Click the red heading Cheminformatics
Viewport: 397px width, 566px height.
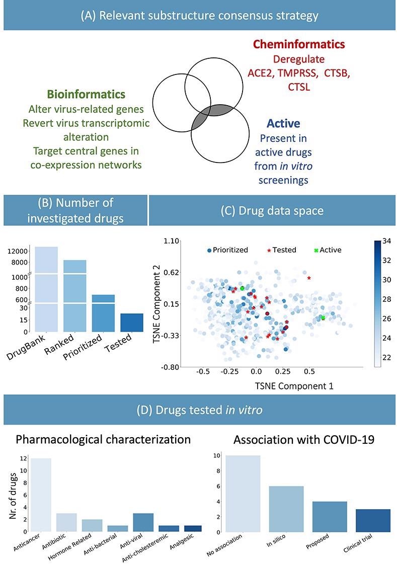pos(299,45)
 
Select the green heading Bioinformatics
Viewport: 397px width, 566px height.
pos(86,94)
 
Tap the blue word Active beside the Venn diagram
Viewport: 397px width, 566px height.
pos(284,123)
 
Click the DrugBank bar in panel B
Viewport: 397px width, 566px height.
pos(46,289)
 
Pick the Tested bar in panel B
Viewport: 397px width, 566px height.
pos(132,322)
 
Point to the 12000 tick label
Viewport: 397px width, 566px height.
pos(19,251)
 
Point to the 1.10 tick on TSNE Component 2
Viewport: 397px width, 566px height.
pos(172,241)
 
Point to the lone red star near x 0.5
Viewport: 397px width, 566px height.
pos(309,278)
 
